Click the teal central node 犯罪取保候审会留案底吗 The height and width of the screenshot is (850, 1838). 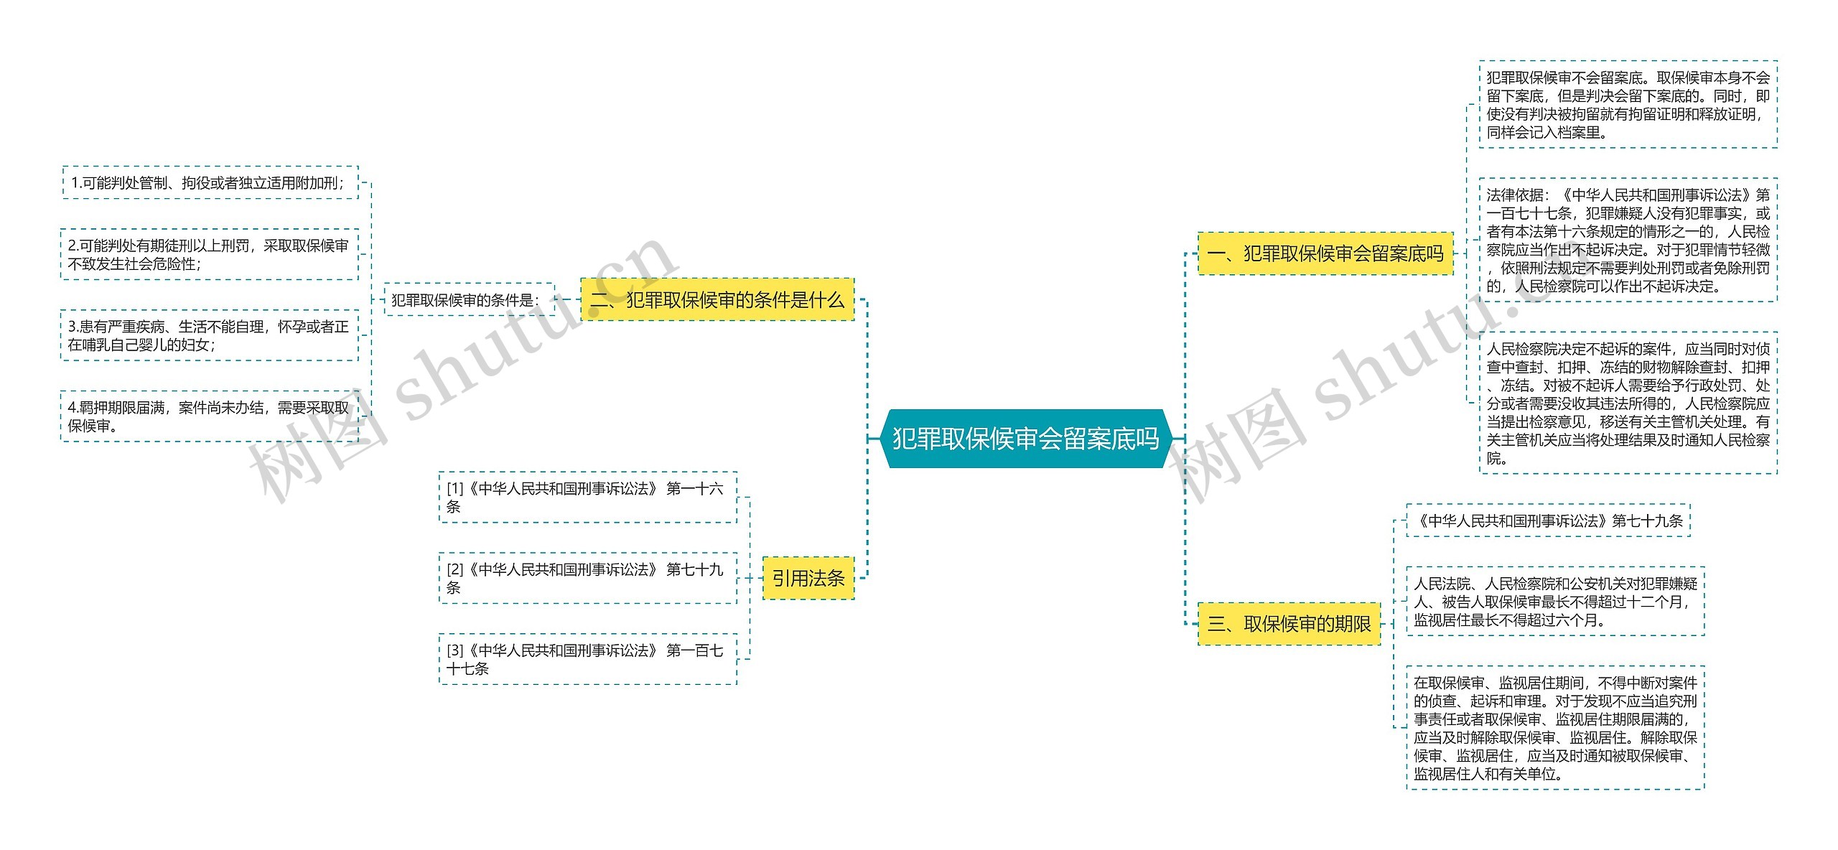pos(1025,439)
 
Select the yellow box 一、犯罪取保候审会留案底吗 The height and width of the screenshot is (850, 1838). pos(1325,253)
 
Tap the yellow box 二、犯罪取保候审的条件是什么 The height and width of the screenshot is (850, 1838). pos(717,299)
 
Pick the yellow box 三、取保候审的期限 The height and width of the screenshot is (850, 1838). pos(1289,623)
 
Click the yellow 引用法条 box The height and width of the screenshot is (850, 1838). pos(808,578)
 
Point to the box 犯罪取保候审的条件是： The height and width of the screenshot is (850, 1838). pos(469,299)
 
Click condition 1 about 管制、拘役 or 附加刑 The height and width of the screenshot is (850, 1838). pos(210,182)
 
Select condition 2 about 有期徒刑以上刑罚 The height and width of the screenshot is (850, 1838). pos(210,254)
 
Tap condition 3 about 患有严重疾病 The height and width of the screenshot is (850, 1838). pos(210,335)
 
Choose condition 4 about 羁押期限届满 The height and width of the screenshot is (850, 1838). pos(210,416)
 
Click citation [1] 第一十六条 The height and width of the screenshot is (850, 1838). pos(587,497)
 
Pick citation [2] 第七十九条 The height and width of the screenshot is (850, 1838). pos(587,578)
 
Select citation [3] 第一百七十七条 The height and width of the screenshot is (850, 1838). pos(587,659)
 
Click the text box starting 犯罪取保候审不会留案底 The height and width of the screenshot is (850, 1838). pos(1628,105)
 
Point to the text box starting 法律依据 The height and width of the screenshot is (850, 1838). pos(1628,240)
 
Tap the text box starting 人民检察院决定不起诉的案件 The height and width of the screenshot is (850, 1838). pos(1628,403)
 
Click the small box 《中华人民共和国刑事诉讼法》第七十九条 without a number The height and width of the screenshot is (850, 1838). pos(1548,520)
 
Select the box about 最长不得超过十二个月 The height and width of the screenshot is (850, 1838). pos(1555,602)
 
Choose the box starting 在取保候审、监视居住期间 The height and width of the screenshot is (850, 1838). pos(1555,727)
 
